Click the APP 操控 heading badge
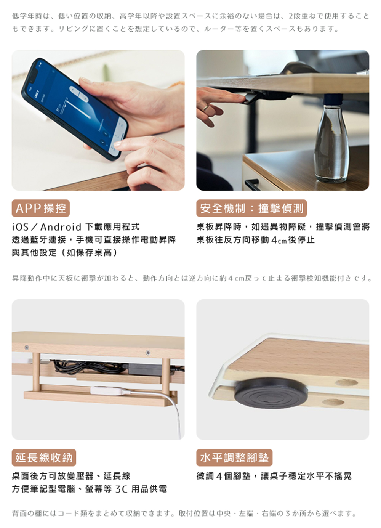(x=41, y=208)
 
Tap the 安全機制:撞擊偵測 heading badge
(x=251, y=208)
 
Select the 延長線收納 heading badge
(x=44, y=457)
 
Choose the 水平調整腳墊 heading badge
(x=234, y=457)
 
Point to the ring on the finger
(x=205, y=108)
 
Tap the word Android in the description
(x=61, y=227)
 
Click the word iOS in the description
(x=20, y=227)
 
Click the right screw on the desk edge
(x=148, y=353)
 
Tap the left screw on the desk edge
(x=27, y=347)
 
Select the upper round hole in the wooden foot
(x=346, y=383)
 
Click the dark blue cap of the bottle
(x=332, y=100)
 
